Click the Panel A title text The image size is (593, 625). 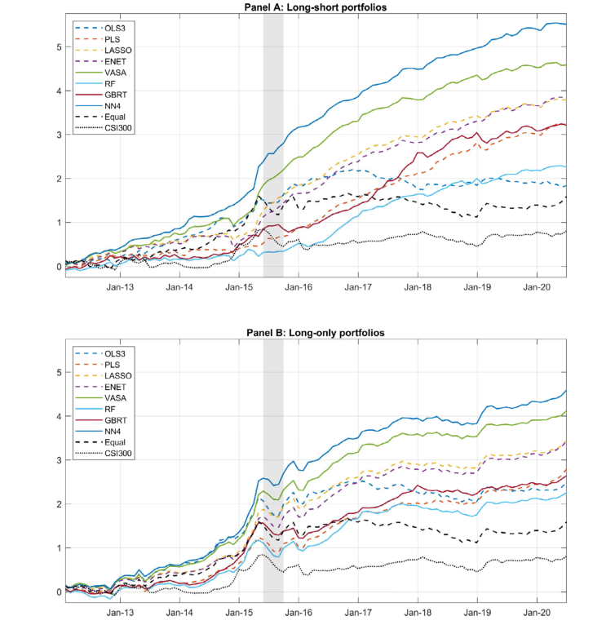[x=316, y=7]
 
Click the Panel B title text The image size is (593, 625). [x=316, y=333]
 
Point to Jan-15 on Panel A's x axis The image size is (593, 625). [x=238, y=287]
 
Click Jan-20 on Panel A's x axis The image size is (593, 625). [x=536, y=287]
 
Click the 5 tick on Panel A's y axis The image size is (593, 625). [x=59, y=47]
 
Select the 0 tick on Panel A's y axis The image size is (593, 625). [x=59, y=267]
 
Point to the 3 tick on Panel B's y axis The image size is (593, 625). [x=59, y=460]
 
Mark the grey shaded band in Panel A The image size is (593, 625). [x=273, y=147]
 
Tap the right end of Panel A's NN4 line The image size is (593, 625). [x=566, y=24]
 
